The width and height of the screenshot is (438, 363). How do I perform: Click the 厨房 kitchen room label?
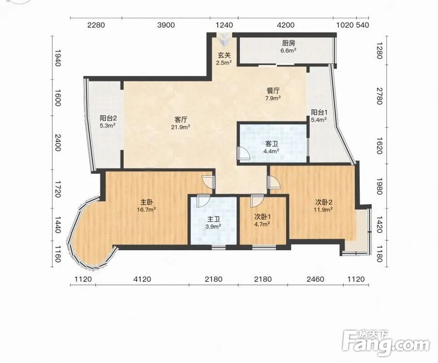click(288, 43)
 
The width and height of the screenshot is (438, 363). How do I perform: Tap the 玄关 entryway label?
click(224, 55)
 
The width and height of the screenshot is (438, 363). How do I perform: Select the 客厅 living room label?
click(181, 120)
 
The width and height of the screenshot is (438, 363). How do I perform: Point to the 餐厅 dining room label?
click(273, 91)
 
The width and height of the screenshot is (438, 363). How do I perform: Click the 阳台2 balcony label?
click(108, 118)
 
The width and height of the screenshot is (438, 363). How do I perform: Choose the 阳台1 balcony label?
click(319, 112)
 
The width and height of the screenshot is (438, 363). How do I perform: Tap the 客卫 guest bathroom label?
click(272, 144)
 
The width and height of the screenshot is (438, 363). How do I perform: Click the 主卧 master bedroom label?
click(146, 202)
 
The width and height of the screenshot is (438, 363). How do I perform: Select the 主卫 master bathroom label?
click(213, 219)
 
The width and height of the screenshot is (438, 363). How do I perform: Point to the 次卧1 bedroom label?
click(262, 216)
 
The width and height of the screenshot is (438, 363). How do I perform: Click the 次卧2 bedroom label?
click(324, 202)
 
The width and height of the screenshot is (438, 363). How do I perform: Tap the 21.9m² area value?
click(181, 127)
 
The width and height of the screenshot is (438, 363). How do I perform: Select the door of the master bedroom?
click(208, 182)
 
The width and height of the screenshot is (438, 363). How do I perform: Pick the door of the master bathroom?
click(202, 201)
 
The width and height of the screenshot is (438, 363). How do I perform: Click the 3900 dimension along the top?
click(166, 25)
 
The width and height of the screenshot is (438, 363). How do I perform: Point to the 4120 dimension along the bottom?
click(142, 279)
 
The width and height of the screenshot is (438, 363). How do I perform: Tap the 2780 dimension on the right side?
click(379, 96)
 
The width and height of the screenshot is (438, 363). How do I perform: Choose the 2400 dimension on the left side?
click(58, 142)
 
